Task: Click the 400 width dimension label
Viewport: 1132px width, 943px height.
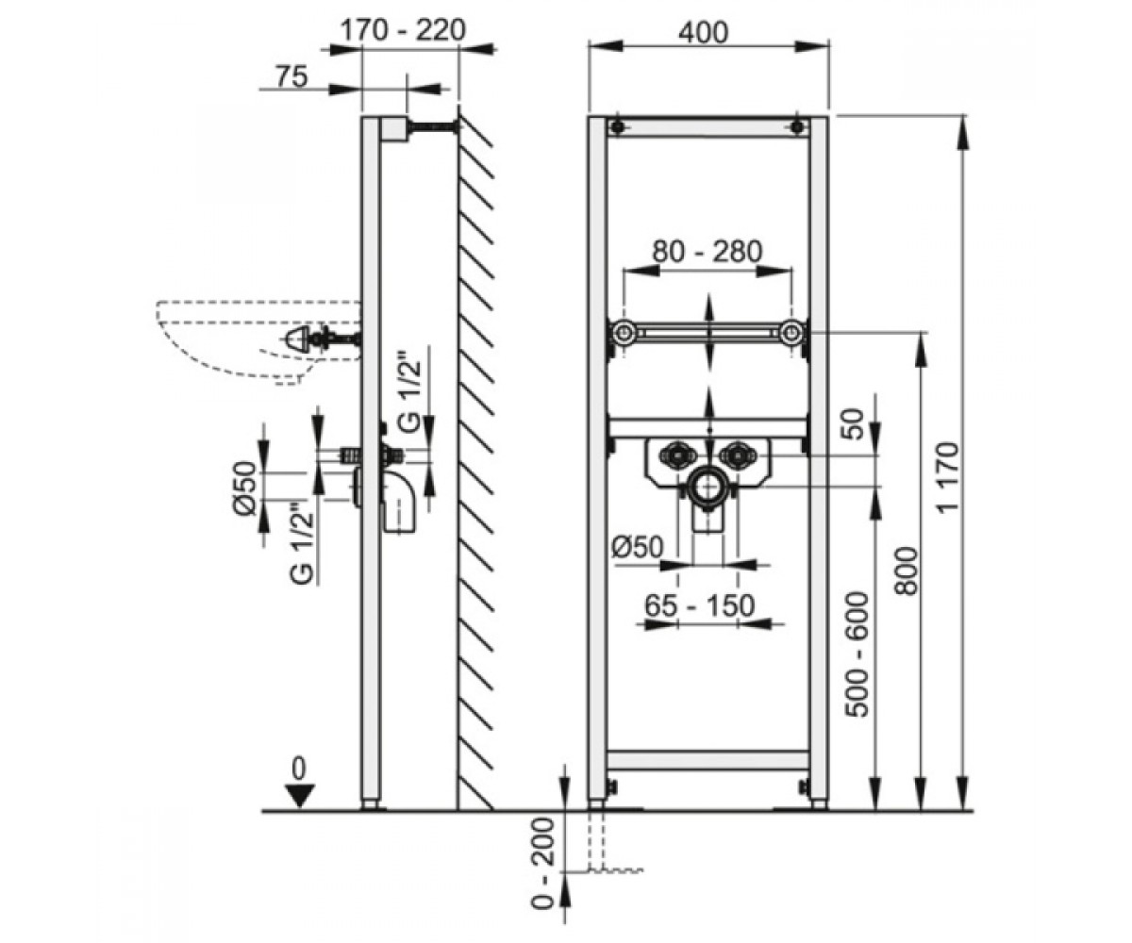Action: (x=703, y=33)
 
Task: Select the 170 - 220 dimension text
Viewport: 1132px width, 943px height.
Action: (x=403, y=30)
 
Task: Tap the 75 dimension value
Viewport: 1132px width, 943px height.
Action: (x=291, y=76)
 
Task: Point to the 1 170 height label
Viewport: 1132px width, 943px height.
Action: (x=948, y=478)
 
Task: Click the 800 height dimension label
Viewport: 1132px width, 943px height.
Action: (x=906, y=571)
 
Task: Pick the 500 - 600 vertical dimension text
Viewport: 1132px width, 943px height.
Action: (x=857, y=654)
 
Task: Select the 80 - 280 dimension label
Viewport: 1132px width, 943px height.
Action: (x=707, y=252)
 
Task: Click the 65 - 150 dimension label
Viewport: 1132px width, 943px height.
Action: (x=699, y=605)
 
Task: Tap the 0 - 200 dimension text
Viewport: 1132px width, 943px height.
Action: (x=542, y=863)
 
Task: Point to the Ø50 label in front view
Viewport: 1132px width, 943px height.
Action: (x=637, y=547)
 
